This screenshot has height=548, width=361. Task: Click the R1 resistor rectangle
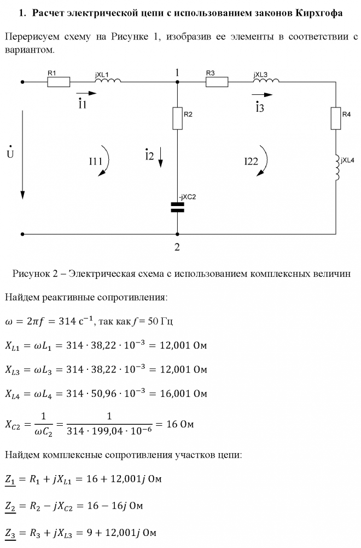(59, 82)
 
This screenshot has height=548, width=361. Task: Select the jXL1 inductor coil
(108, 81)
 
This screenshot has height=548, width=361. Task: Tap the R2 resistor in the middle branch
(177, 118)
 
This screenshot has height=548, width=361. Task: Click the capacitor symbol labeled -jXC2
(177, 207)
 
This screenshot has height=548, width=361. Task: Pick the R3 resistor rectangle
(217, 82)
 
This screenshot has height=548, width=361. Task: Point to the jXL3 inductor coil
(266, 81)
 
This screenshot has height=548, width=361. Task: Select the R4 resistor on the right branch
(335, 118)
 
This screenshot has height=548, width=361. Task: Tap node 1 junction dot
(177, 82)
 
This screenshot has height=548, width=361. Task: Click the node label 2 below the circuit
(177, 247)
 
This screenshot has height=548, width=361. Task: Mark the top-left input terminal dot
(22, 82)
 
